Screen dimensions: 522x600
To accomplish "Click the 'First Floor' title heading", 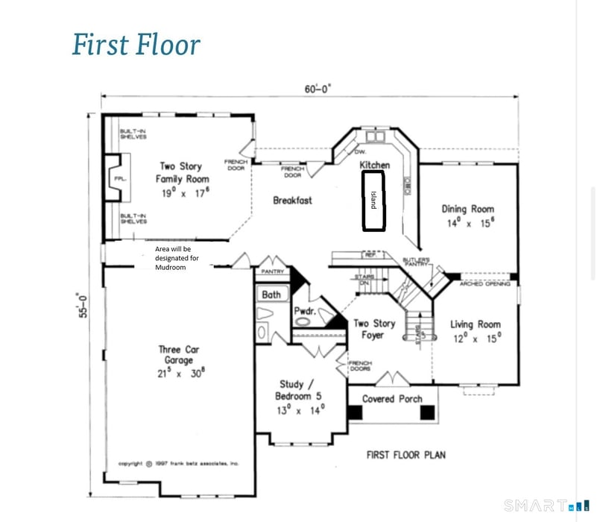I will click(136, 45).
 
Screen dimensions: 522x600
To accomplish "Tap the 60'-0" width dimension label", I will click(316, 89).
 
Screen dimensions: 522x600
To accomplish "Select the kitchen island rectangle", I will click(373, 201).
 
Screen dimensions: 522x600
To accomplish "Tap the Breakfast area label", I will click(292, 200).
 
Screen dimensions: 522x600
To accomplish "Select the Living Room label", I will click(475, 330).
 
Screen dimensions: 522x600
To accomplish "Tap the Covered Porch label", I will click(392, 399).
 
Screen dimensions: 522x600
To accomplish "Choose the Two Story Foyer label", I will click(374, 330).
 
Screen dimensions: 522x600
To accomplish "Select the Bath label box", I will click(271, 295).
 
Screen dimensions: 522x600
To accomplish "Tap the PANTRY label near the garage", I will click(272, 272).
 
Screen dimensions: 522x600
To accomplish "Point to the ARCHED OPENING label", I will click(484, 284).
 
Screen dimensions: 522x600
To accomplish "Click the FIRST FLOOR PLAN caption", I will click(405, 454).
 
